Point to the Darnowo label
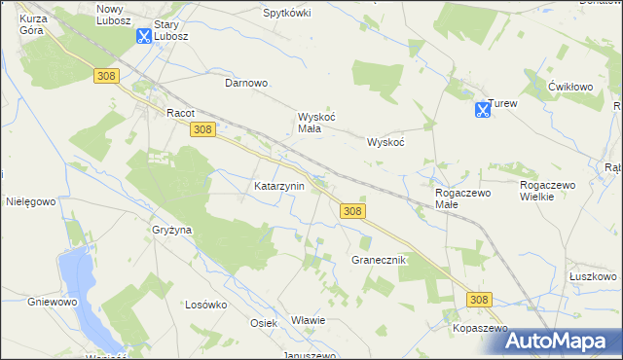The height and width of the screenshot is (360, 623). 246,84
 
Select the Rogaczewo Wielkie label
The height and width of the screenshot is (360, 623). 550,190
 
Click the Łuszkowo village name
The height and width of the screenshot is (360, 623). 593,276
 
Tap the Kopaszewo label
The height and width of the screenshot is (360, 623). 481,329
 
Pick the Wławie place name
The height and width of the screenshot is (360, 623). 308,320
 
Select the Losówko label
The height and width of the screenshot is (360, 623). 205,304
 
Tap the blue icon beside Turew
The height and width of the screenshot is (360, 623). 482,110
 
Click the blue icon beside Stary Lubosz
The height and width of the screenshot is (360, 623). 143,36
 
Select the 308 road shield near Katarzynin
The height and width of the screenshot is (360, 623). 352,211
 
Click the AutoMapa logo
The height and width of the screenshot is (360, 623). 557,341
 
